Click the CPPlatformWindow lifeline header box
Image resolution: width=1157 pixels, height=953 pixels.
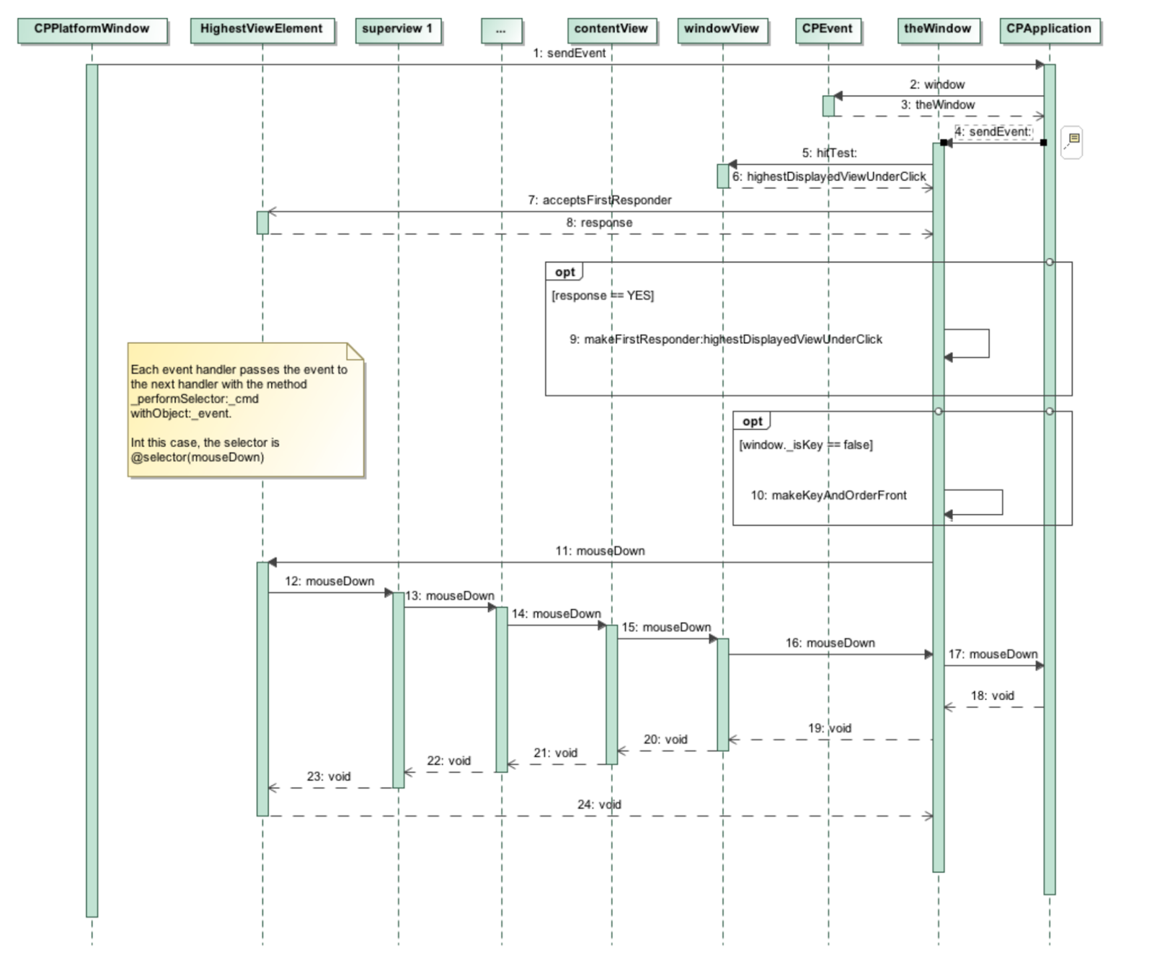pos(92,30)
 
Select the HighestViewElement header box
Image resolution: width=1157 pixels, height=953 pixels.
pos(262,30)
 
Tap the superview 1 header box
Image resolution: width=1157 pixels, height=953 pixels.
pos(398,30)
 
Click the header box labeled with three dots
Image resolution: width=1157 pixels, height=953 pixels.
pos(501,30)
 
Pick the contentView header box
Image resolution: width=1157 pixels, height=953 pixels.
pos(611,30)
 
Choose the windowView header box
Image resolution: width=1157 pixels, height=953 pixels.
pos(722,30)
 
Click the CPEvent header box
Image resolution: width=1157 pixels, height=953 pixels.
pos(827,30)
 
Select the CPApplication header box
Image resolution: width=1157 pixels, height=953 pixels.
pos(1049,30)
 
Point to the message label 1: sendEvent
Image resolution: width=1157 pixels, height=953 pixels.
pos(569,54)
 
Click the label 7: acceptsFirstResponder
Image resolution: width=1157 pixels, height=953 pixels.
pos(599,200)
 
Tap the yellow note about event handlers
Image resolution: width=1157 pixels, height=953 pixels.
pos(245,411)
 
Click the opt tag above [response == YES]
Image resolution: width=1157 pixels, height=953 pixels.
pos(565,273)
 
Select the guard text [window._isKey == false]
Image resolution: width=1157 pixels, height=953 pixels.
pos(806,445)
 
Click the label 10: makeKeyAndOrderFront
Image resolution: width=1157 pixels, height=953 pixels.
pos(828,496)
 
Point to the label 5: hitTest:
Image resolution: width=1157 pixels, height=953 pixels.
pos(829,153)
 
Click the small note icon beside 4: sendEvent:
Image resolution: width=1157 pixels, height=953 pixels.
pos(1073,140)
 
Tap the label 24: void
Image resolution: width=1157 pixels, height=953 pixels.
pos(599,805)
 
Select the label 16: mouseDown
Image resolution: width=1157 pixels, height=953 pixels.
pos(830,643)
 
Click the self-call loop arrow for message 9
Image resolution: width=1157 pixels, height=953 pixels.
pos(988,343)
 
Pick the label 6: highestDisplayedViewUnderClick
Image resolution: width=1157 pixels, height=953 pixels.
pos(829,176)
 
